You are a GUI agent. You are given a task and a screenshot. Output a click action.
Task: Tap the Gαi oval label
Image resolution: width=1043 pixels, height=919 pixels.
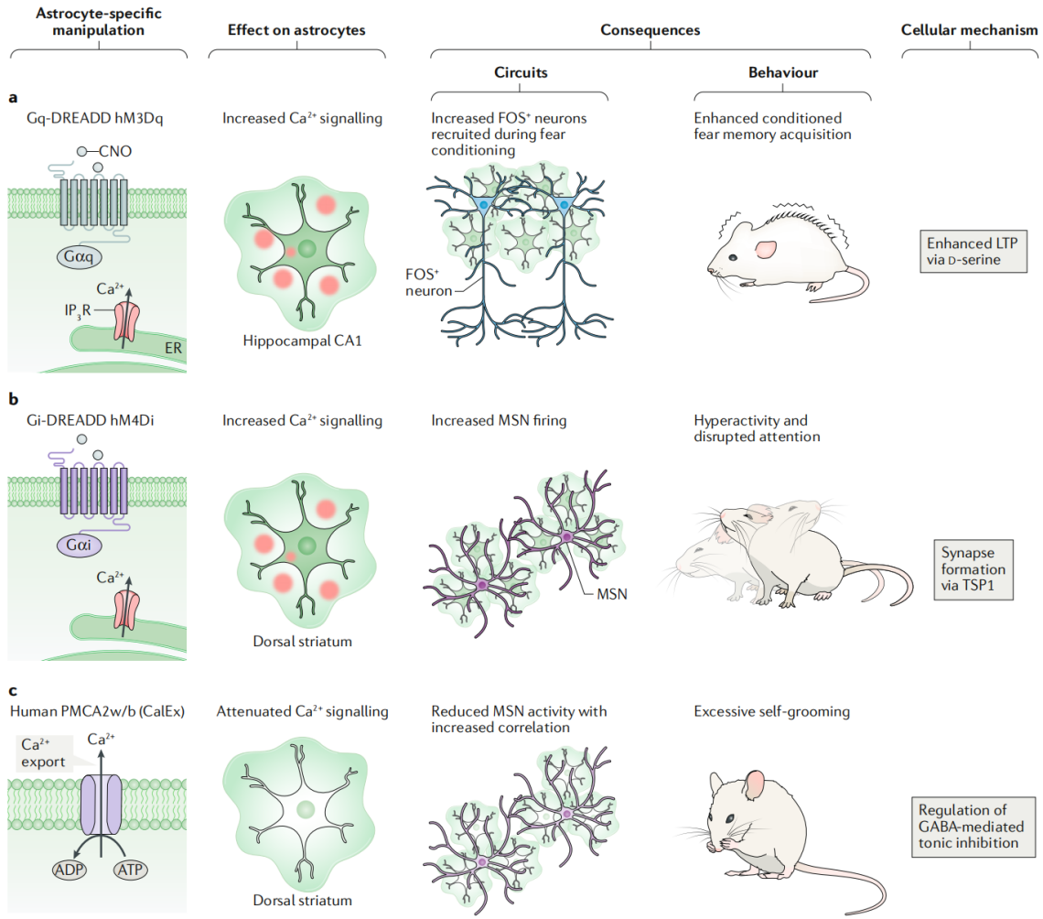pos(84,546)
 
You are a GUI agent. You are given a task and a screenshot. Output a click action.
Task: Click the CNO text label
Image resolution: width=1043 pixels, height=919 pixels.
pos(117,150)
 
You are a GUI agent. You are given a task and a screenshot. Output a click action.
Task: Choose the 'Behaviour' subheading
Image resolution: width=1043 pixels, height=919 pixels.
pos(782,71)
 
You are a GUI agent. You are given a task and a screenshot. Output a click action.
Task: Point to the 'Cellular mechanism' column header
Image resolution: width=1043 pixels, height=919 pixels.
pos(970,30)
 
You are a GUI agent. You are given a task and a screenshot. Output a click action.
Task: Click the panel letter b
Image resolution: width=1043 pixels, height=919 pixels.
pos(13,400)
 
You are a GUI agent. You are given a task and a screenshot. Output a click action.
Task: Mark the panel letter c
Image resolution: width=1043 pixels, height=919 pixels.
pos(13,691)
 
